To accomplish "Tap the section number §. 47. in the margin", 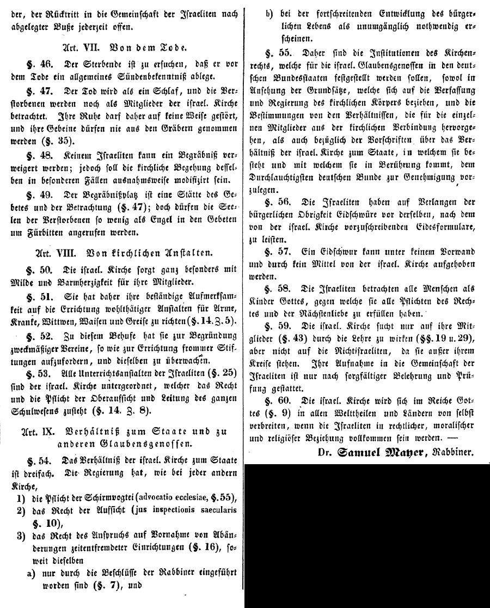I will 41,89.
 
